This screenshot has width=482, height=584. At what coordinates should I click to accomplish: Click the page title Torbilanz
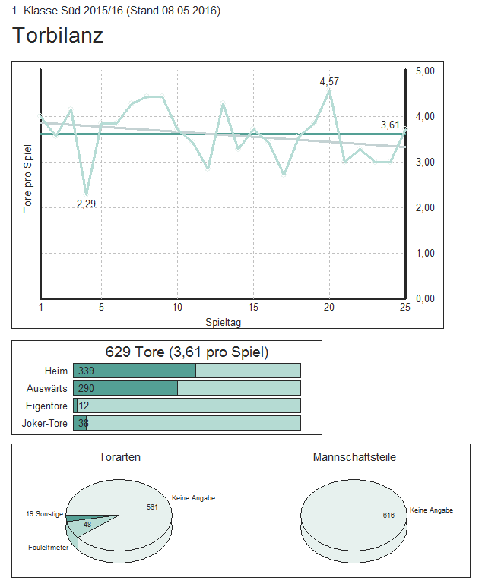coord(58,35)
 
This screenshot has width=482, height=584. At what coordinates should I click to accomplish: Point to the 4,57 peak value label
coord(329,81)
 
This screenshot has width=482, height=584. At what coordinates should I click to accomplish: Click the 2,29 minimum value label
coord(86,204)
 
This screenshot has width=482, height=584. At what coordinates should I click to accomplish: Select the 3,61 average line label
coord(390,125)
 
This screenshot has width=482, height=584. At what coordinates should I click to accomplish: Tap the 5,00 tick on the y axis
coord(425,71)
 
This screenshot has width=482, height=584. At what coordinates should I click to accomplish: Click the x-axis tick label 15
coord(253,308)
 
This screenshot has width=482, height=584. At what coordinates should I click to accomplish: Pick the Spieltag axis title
coord(223,322)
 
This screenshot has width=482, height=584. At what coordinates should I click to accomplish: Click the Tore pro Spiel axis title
coord(27,178)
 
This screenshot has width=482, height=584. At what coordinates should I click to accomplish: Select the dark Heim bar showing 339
coord(135,371)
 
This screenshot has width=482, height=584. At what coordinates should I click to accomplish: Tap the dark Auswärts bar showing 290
coord(125,388)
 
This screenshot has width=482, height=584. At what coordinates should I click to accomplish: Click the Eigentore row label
coord(46,406)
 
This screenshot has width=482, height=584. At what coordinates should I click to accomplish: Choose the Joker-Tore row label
coord(44,423)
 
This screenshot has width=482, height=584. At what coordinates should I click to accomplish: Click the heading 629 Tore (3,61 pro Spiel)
coord(187,352)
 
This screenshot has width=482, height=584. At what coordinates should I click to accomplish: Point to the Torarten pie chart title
coord(119,457)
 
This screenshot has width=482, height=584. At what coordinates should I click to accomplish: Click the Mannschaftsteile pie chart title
coord(354,457)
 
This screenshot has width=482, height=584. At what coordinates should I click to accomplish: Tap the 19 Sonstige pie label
coord(44,514)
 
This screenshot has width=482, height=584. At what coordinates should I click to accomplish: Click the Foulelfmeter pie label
coord(48,547)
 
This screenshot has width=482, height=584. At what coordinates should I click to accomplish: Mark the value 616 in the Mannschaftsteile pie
coord(388,515)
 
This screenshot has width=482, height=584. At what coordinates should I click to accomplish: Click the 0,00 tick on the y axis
coord(425,298)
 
